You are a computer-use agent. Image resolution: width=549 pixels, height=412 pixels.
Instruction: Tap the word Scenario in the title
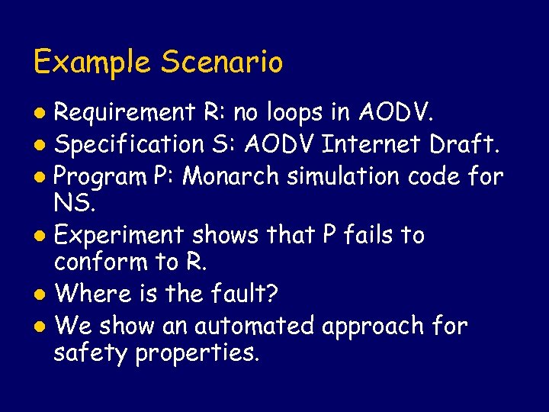coord(220,62)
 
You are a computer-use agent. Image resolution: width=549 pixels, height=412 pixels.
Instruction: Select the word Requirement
coord(125,113)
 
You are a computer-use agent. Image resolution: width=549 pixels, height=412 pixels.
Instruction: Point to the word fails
coord(365,236)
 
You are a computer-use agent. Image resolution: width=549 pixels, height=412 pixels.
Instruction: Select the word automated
coord(254,326)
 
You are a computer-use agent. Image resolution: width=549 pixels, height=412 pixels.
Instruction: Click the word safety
coord(91,353)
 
